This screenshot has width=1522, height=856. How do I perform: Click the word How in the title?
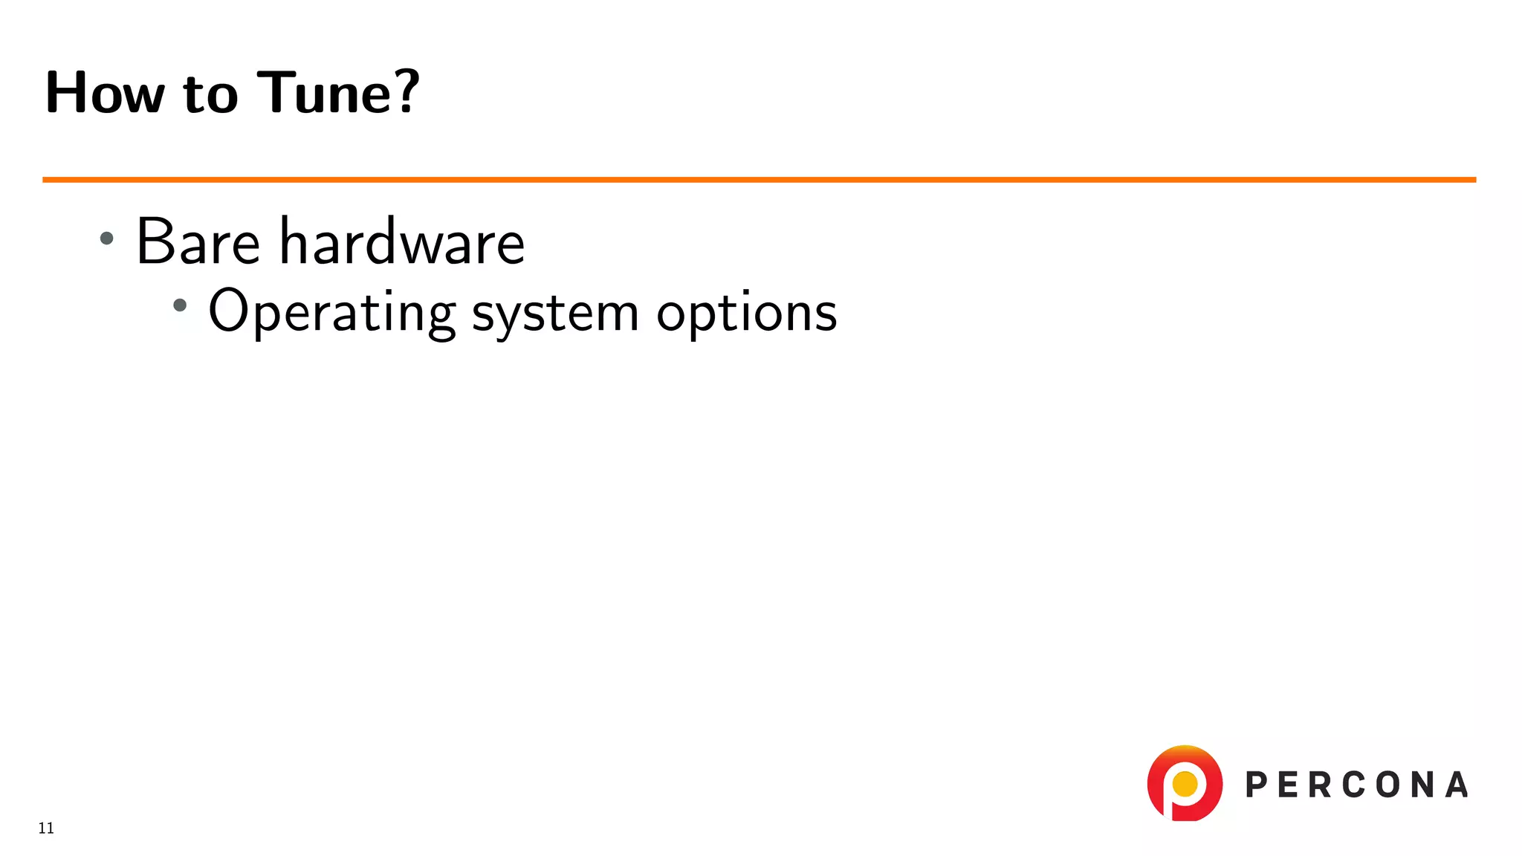click(x=105, y=93)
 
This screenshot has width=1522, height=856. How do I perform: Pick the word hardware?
click(x=402, y=241)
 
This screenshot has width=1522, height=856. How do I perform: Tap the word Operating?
click(x=331, y=312)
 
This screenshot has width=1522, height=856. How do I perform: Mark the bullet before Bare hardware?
click(x=107, y=239)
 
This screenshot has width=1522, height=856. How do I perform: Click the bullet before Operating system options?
click(x=180, y=305)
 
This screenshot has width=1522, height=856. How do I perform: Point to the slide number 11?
click(x=46, y=829)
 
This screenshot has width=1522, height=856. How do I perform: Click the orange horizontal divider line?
click(x=759, y=180)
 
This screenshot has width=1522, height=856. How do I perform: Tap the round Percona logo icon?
click(x=1185, y=783)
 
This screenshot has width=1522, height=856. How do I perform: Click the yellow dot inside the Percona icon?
click(x=1185, y=783)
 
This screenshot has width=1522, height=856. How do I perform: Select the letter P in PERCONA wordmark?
click(x=1257, y=785)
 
